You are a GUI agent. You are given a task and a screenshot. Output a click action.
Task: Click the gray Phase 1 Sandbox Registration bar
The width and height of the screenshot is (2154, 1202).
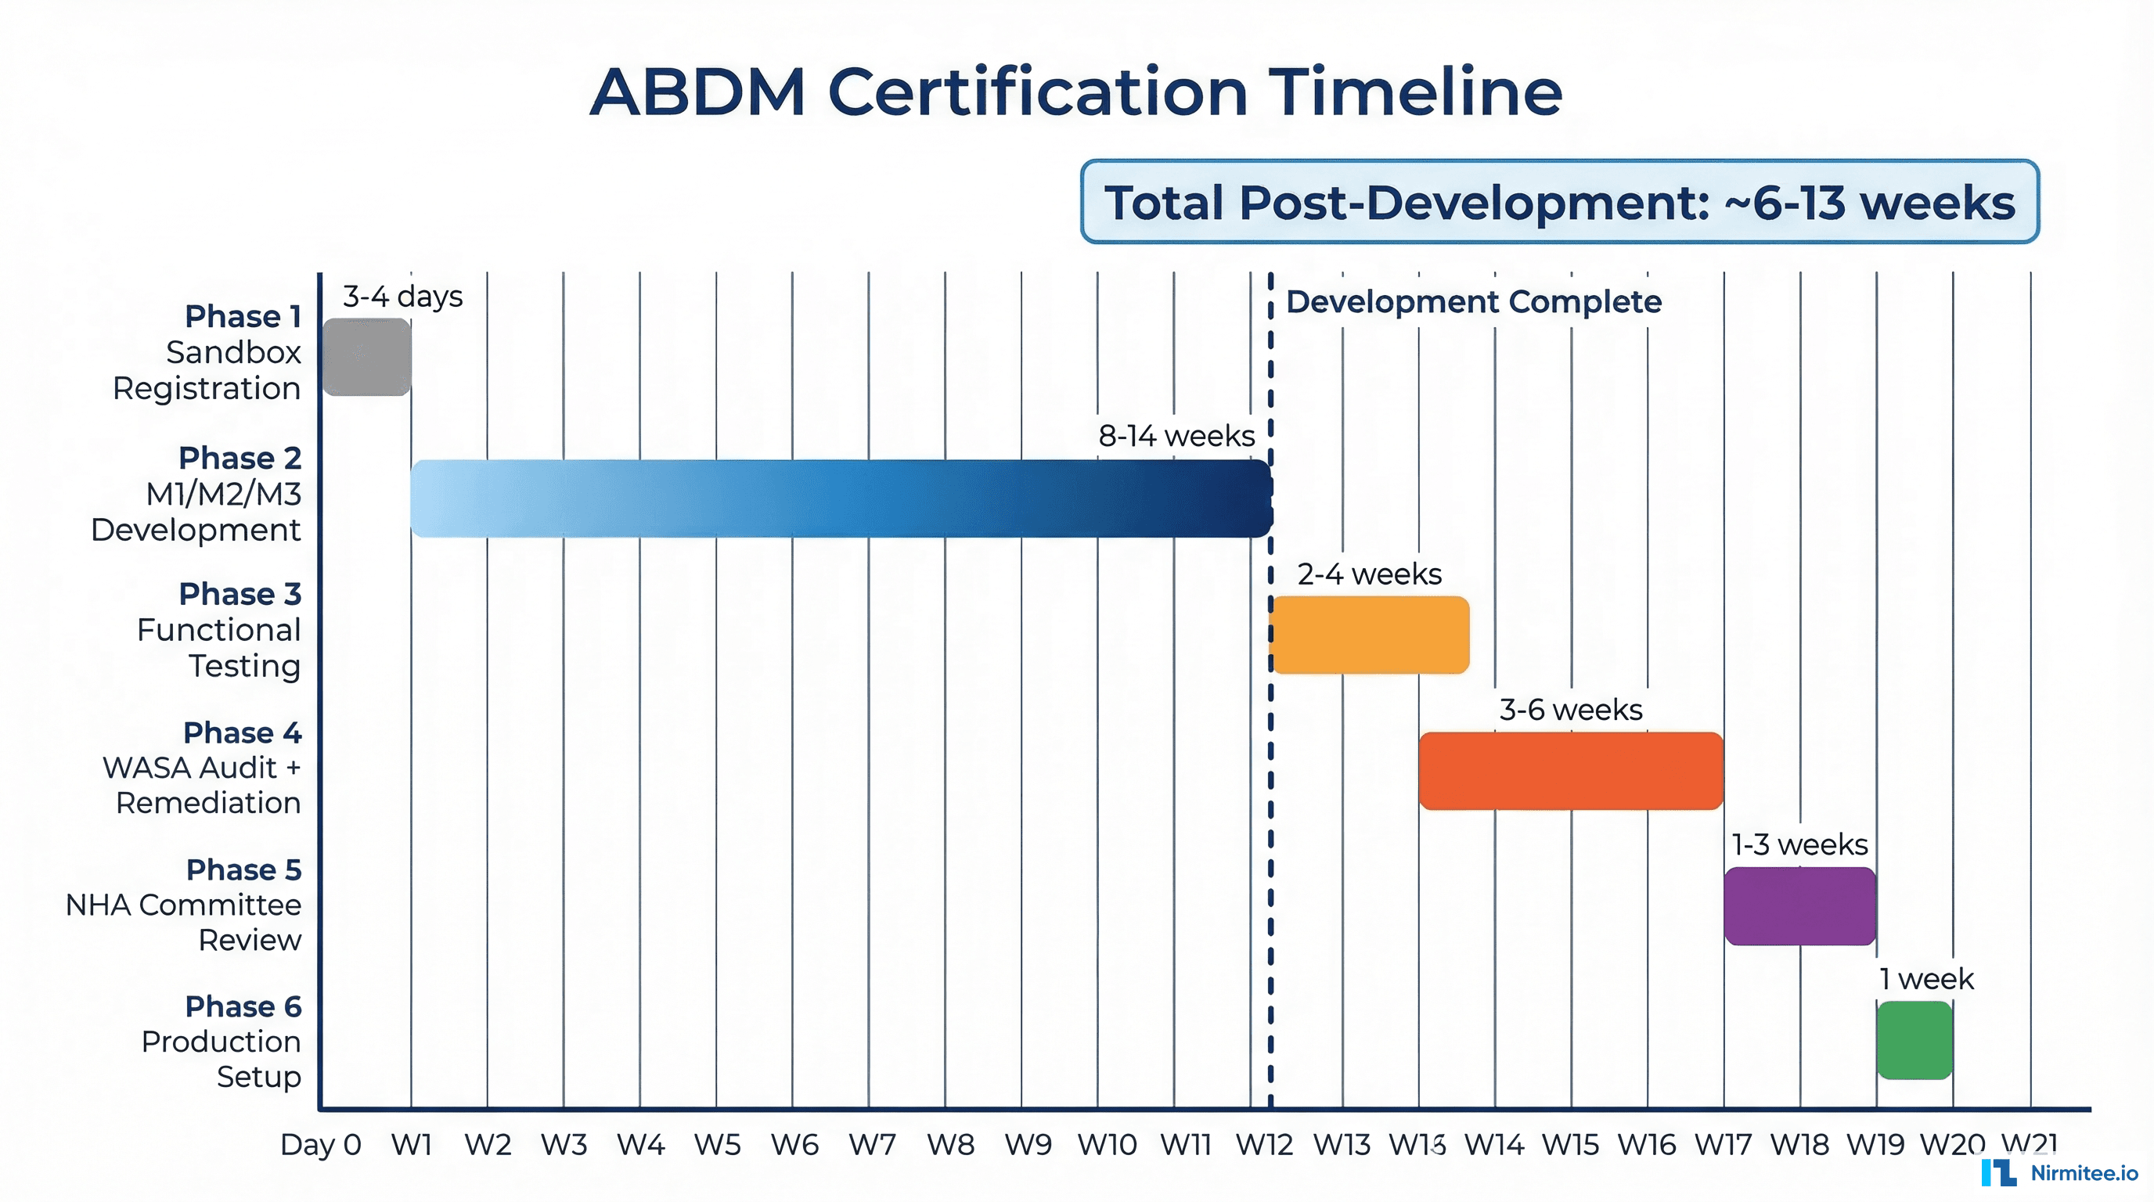click(366, 357)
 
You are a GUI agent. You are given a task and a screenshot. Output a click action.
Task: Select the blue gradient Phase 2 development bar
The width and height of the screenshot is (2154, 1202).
click(841, 498)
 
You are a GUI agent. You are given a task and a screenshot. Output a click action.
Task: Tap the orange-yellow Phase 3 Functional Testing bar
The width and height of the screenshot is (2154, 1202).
click(1370, 635)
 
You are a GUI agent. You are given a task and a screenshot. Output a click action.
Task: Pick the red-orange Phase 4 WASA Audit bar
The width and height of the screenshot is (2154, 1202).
click(1570, 771)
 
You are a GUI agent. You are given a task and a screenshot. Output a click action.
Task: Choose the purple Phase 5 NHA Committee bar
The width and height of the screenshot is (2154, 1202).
click(1799, 906)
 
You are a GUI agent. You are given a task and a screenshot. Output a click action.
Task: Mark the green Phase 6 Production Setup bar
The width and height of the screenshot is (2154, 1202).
click(1914, 1041)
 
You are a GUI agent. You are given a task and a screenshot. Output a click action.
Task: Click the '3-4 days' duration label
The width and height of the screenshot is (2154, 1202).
click(402, 297)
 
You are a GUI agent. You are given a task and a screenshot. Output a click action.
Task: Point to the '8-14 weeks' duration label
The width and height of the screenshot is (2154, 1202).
click(1176, 436)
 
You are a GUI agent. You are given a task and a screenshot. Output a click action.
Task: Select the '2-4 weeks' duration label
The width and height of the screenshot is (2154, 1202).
click(1369, 574)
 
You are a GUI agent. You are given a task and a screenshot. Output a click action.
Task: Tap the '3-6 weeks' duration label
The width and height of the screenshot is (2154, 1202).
click(1570, 710)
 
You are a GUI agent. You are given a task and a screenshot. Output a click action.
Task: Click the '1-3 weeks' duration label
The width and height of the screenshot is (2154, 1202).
click(1799, 844)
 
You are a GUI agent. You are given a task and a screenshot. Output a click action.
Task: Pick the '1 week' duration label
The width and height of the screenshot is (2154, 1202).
click(1925, 979)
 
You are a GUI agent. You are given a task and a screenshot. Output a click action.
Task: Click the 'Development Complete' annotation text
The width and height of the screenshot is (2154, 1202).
click(1473, 302)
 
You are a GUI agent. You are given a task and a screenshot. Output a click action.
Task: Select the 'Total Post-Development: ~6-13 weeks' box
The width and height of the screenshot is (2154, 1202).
click(1559, 202)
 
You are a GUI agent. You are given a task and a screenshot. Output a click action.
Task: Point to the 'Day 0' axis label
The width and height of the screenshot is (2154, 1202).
click(320, 1144)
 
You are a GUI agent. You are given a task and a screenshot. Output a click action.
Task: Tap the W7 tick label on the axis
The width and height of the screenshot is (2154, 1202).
click(871, 1144)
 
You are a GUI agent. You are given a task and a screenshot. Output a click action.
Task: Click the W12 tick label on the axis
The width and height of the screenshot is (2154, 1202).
click(1264, 1144)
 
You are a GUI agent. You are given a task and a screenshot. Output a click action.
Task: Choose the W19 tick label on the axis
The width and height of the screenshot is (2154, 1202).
click(1875, 1144)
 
